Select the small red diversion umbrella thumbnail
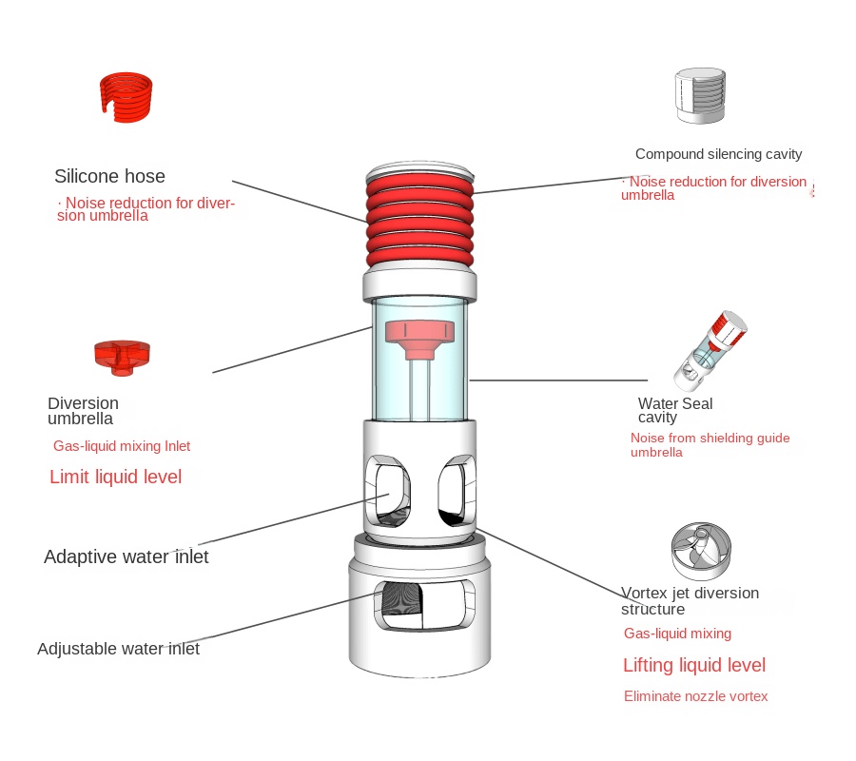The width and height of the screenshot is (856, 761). click(x=122, y=354)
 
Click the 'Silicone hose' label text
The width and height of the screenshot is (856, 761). click(x=109, y=176)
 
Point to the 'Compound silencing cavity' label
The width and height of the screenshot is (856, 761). click(x=718, y=154)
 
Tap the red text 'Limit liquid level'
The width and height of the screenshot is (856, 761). click(x=115, y=477)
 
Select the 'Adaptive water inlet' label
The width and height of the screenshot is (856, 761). click(x=126, y=556)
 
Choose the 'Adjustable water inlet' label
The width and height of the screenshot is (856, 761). click(x=118, y=649)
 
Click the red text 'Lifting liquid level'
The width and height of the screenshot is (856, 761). click(x=694, y=665)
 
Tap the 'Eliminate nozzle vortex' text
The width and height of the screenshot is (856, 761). click(x=695, y=696)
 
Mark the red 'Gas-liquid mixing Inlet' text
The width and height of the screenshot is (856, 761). click(x=122, y=445)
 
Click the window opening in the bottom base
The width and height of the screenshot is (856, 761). click(x=419, y=607)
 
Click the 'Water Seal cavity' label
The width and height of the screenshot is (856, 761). click(x=674, y=410)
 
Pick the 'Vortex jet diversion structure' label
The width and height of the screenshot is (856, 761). click(x=690, y=600)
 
